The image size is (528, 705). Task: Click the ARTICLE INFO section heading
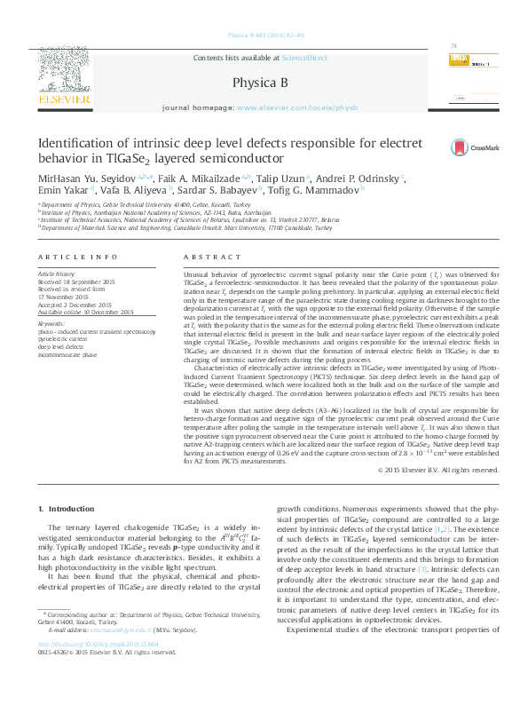[77, 257]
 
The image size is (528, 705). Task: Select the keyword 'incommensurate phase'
[68, 353]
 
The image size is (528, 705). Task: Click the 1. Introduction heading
[68, 508]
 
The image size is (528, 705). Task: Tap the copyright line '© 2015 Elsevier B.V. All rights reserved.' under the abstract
[437, 469]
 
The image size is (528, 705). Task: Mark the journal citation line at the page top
[265, 34]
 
